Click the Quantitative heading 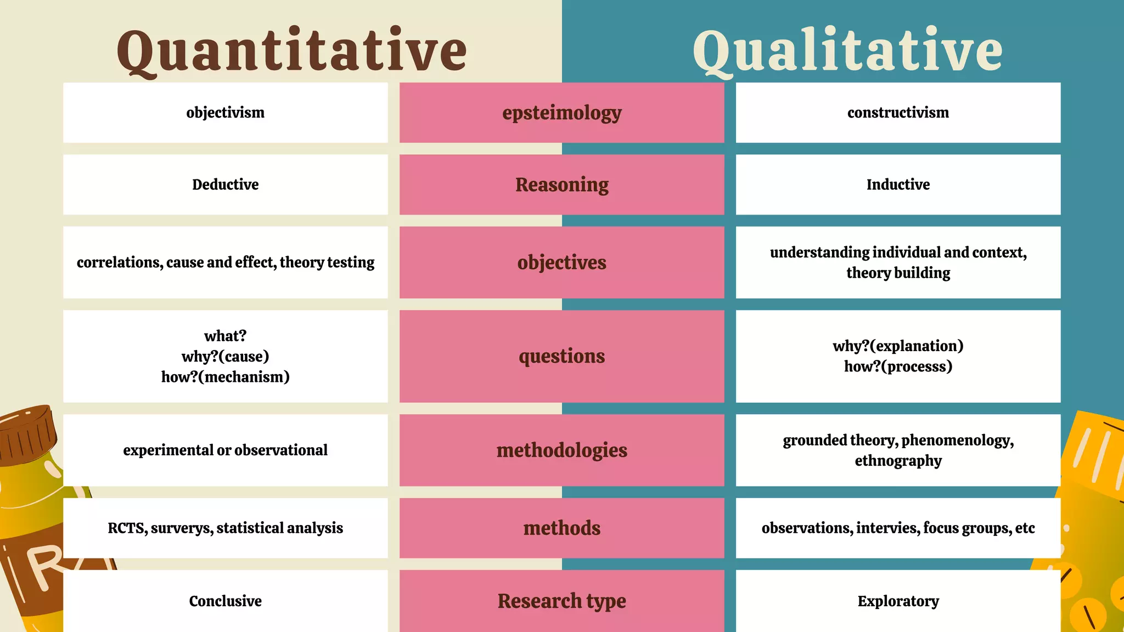click(x=291, y=50)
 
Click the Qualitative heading click(x=847, y=50)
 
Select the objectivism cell click(x=225, y=112)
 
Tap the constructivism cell click(x=898, y=112)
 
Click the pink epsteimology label click(x=561, y=112)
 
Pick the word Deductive click(x=225, y=184)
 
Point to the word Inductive click(x=898, y=184)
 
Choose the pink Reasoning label click(x=561, y=184)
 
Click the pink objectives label click(x=561, y=262)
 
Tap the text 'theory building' click(x=898, y=273)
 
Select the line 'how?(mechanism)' click(x=225, y=377)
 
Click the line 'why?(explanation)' click(x=898, y=346)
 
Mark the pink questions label click(x=561, y=356)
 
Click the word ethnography click(x=898, y=461)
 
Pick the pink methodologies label click(x=561, y=450)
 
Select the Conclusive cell click(x=225, y=601)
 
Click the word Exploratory click(x=898, y=601)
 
